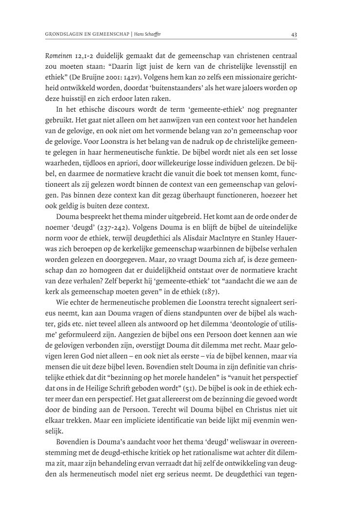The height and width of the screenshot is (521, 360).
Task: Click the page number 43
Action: [294, 34]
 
